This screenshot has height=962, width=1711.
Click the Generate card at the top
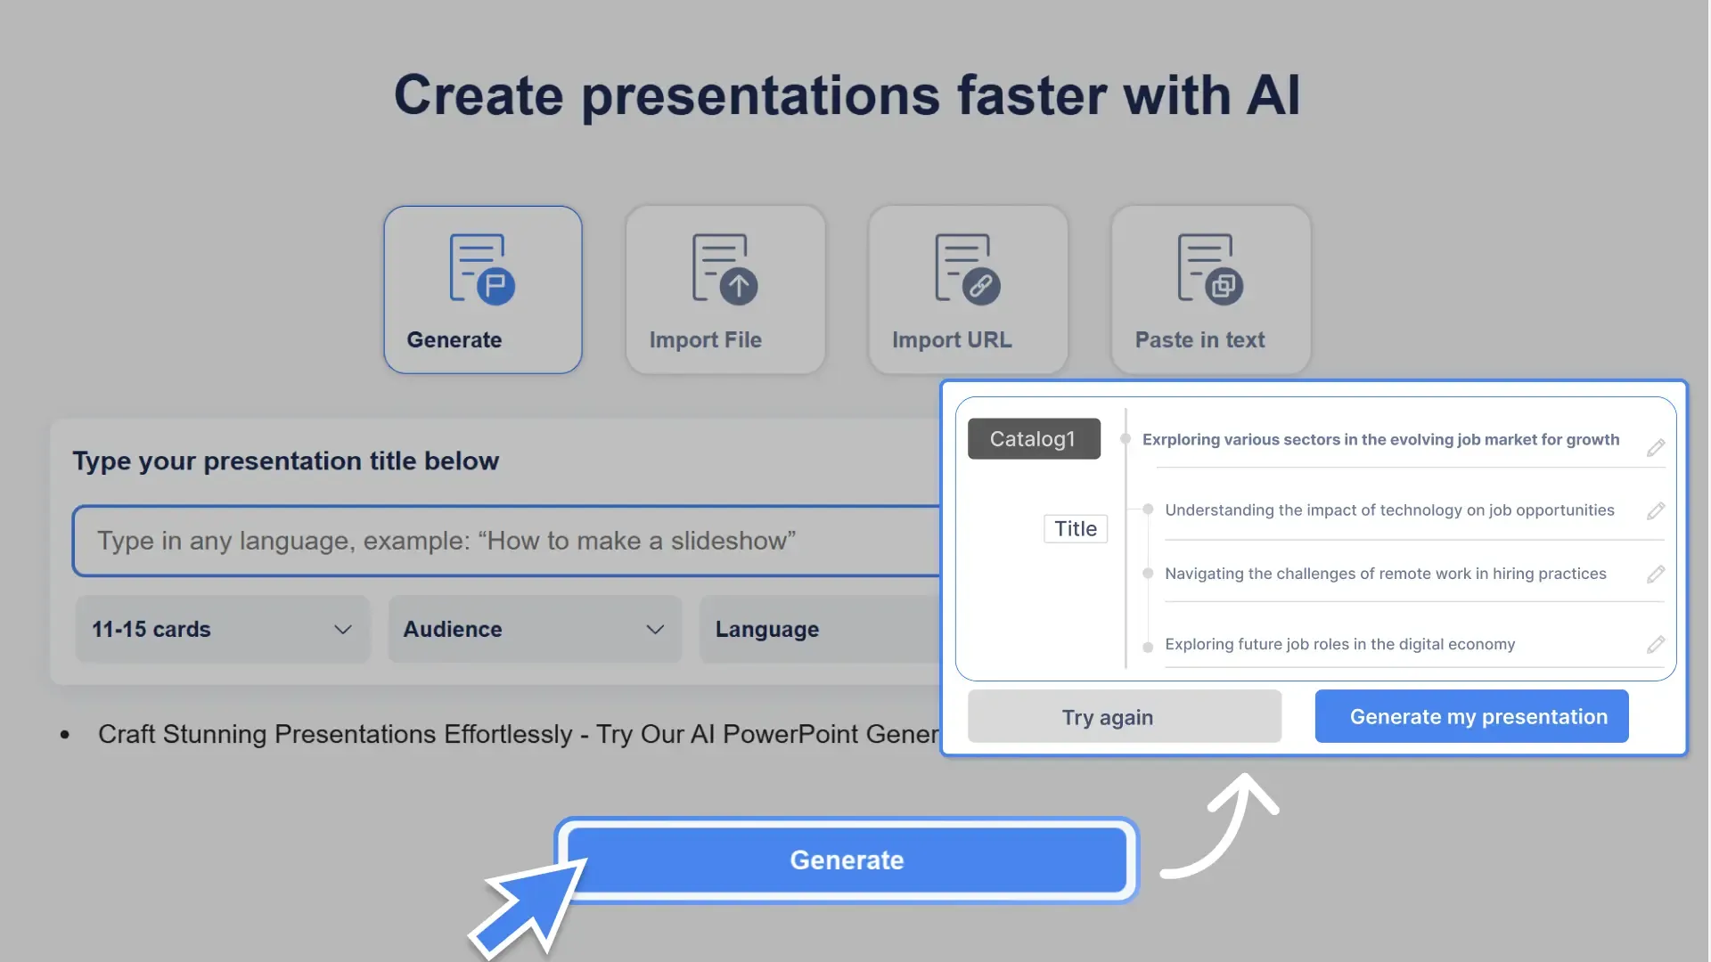tap(482, 289)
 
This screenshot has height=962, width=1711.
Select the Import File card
tap(725, 289)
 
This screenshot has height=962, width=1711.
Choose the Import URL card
tap(968, 289)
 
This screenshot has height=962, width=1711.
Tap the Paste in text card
tap(1210, 289)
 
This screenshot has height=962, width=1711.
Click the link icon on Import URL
tap(980, 286)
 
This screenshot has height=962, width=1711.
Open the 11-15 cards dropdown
tap(223, 629)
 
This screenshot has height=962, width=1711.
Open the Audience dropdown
tap(535, 629)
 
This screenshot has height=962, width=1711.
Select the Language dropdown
tap(820, 629)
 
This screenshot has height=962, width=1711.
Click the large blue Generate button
tap(847, 860)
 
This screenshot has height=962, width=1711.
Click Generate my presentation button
tap(1471, 716)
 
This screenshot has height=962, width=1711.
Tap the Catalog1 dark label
tap(1034, 439)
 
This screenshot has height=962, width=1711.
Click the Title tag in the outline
tap(1076, 529)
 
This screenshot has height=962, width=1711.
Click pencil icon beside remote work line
tap(1656, 575)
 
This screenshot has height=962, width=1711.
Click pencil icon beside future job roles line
tap(1656, 644)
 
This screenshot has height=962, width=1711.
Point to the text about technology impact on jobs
tap(1389, 510)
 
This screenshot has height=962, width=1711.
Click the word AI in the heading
tap(1273, 95)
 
